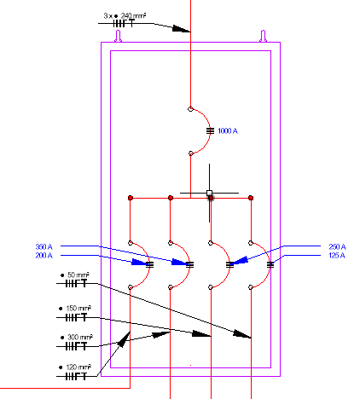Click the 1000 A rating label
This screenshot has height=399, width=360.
click(x=228, y=131)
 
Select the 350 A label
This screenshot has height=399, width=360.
click(x=44, y=246)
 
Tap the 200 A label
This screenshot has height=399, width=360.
click(x=44, y=256)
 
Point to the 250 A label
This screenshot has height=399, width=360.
click(x=337, y=246)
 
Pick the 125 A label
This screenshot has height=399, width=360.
click(x=337, y=256)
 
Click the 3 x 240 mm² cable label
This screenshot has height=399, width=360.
click(x=125, y=15)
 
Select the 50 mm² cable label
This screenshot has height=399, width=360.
click(x=75, y=275)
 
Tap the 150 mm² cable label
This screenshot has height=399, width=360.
click(x=75, y=309)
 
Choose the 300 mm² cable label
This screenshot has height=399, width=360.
click(x=76, y=338)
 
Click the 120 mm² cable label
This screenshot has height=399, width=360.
click(x=75, y=367)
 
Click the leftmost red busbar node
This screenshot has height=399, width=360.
click(x=131, y=198)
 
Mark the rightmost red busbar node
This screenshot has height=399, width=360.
click(x=251, y=198)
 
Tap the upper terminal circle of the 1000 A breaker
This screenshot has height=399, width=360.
click(x=190, y=109)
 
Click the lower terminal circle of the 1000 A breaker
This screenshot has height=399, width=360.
click(x=191, y=153)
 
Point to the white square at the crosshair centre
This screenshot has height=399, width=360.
click(x=210, y=194)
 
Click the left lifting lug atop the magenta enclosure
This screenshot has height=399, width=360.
click(x=119, y=37)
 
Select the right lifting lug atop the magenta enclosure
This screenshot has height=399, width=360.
click(x=264, y=37)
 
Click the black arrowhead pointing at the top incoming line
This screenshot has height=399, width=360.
click(x=182, y=28)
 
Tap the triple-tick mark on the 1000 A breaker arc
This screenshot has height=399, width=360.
click(x=210, y=131)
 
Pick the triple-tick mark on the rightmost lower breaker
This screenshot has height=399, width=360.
click(x=270, y=265)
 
